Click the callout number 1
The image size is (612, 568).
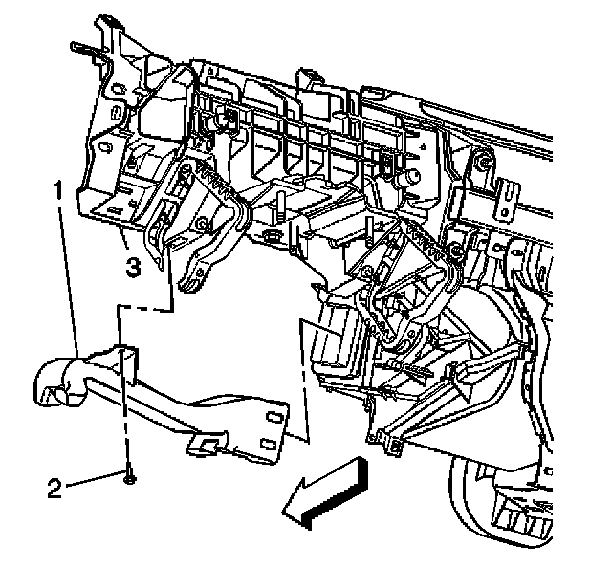[x=60, y=191]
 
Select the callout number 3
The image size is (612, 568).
[x=134, y=267]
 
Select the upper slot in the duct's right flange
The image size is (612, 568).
[x=271, y=415]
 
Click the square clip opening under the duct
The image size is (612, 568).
[x=203, y=442]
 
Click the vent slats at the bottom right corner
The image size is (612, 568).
[x=521, y=516]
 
